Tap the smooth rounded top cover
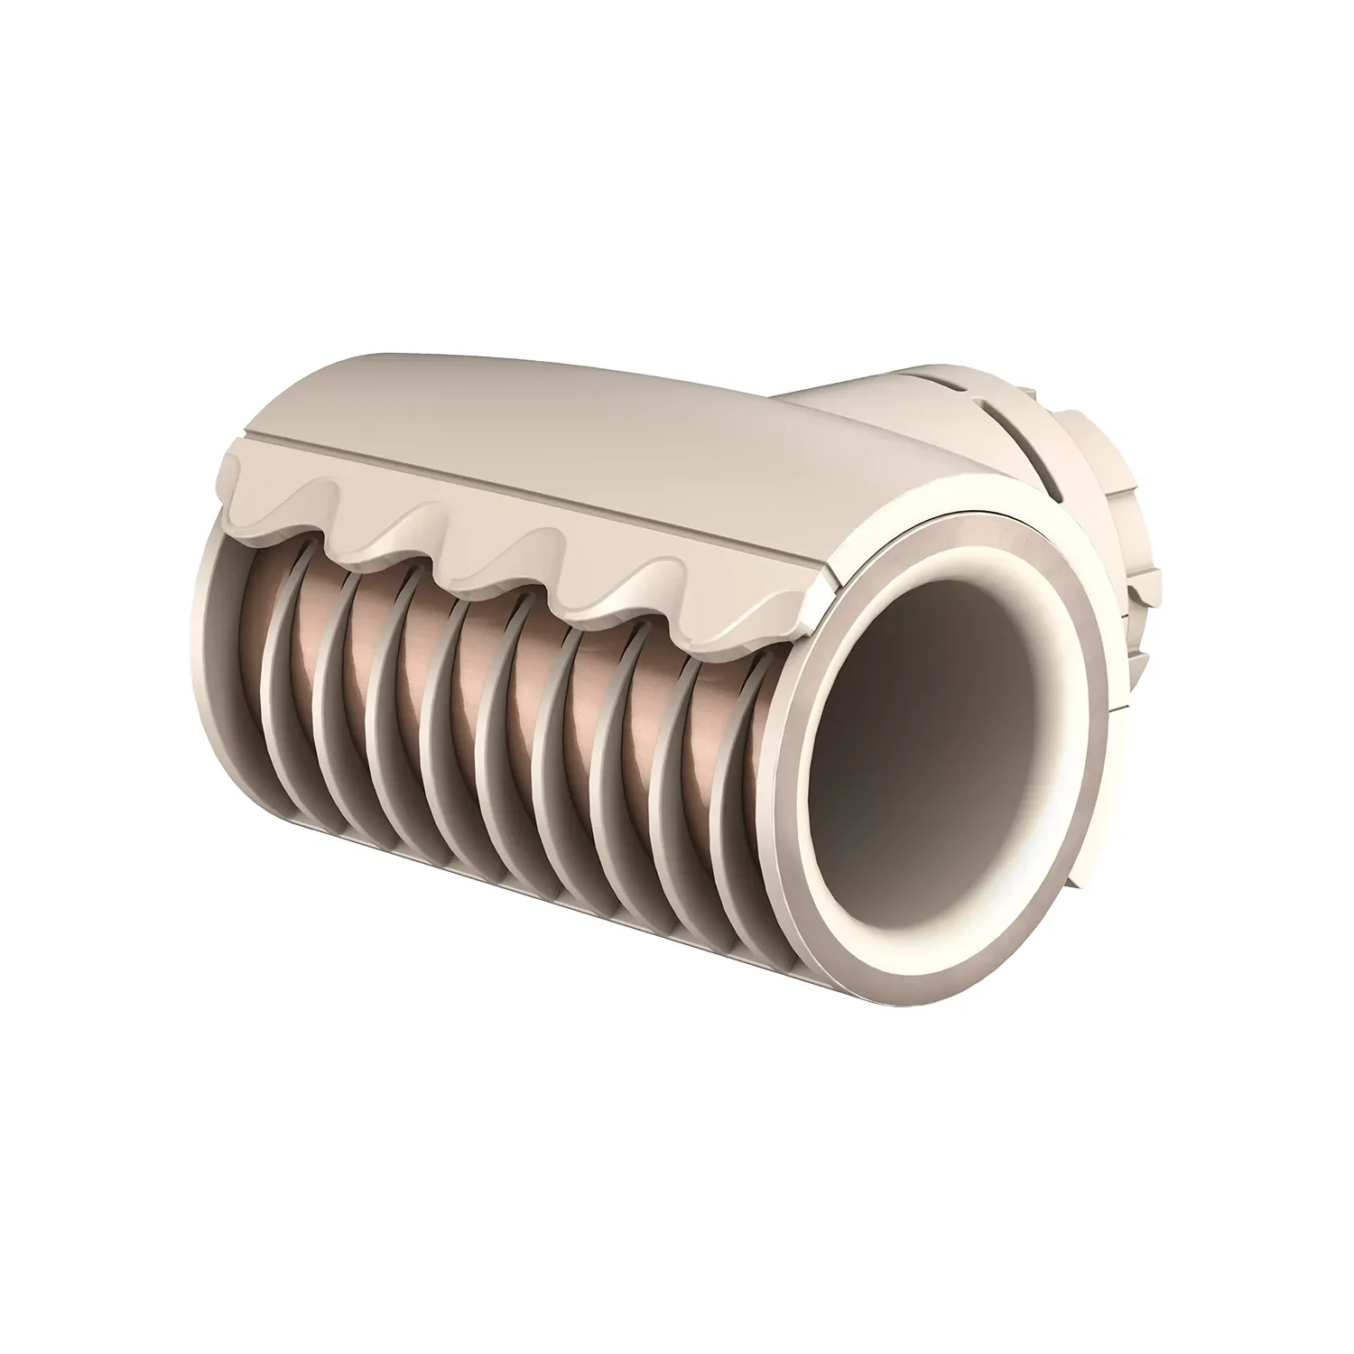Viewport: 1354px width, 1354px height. point(542,406)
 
